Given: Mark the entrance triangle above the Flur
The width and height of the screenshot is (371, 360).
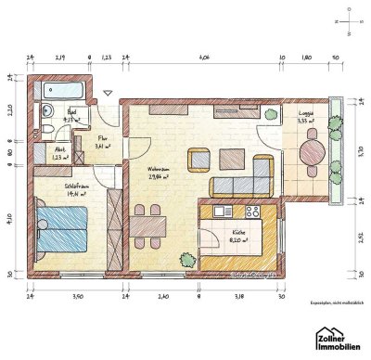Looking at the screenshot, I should pyautogui.click(x=109, y=93).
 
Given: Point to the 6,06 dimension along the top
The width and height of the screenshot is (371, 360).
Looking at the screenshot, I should pyautogui.click(x=203, y=57).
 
